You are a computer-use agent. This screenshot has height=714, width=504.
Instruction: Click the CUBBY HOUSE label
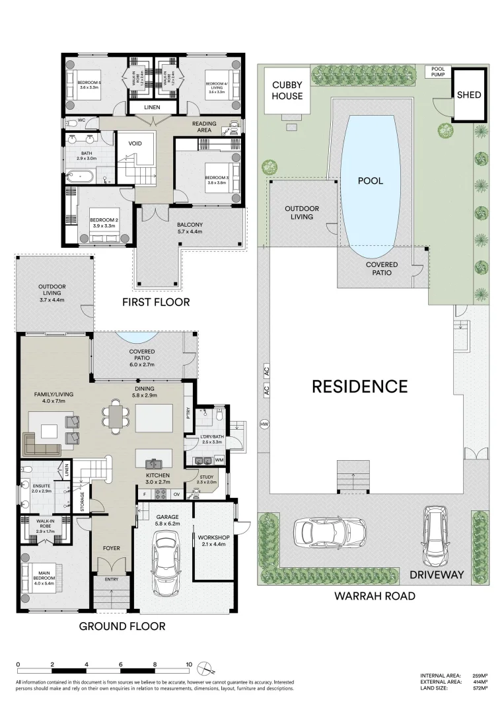[288, 91]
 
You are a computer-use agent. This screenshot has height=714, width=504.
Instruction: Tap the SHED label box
[469, 95]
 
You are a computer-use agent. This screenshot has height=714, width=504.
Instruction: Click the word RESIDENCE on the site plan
[359, 386]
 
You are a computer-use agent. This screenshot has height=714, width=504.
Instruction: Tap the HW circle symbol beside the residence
[265, 424]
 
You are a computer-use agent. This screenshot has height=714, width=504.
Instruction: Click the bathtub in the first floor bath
[77, 177]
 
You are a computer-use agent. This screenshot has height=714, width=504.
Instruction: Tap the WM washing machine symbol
[219, 459]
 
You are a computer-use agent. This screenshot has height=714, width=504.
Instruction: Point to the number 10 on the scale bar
[189, 664]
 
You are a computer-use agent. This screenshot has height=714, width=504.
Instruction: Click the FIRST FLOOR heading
[157, 302]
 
